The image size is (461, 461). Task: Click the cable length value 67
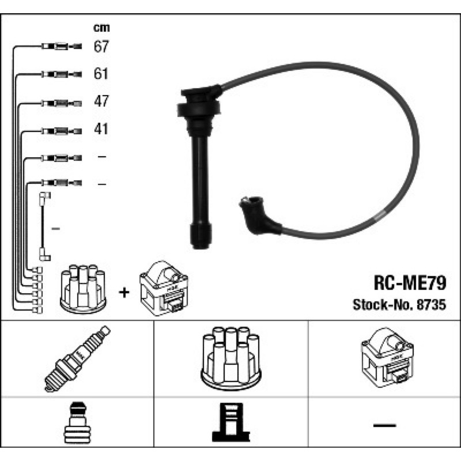coord(101,47)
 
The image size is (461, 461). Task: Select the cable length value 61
coord(101,74)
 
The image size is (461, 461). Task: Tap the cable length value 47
coord(101,101)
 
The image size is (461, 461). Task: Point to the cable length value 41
coord(101,129)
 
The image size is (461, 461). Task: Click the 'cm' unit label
coord(101,28)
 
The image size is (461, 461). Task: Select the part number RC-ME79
coord(410,283)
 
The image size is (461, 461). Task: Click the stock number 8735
coord(431,305)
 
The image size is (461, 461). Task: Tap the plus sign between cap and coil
coord(124,292)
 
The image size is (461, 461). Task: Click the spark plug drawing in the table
coord(77,358)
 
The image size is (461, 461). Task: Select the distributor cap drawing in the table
coord(231,358)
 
